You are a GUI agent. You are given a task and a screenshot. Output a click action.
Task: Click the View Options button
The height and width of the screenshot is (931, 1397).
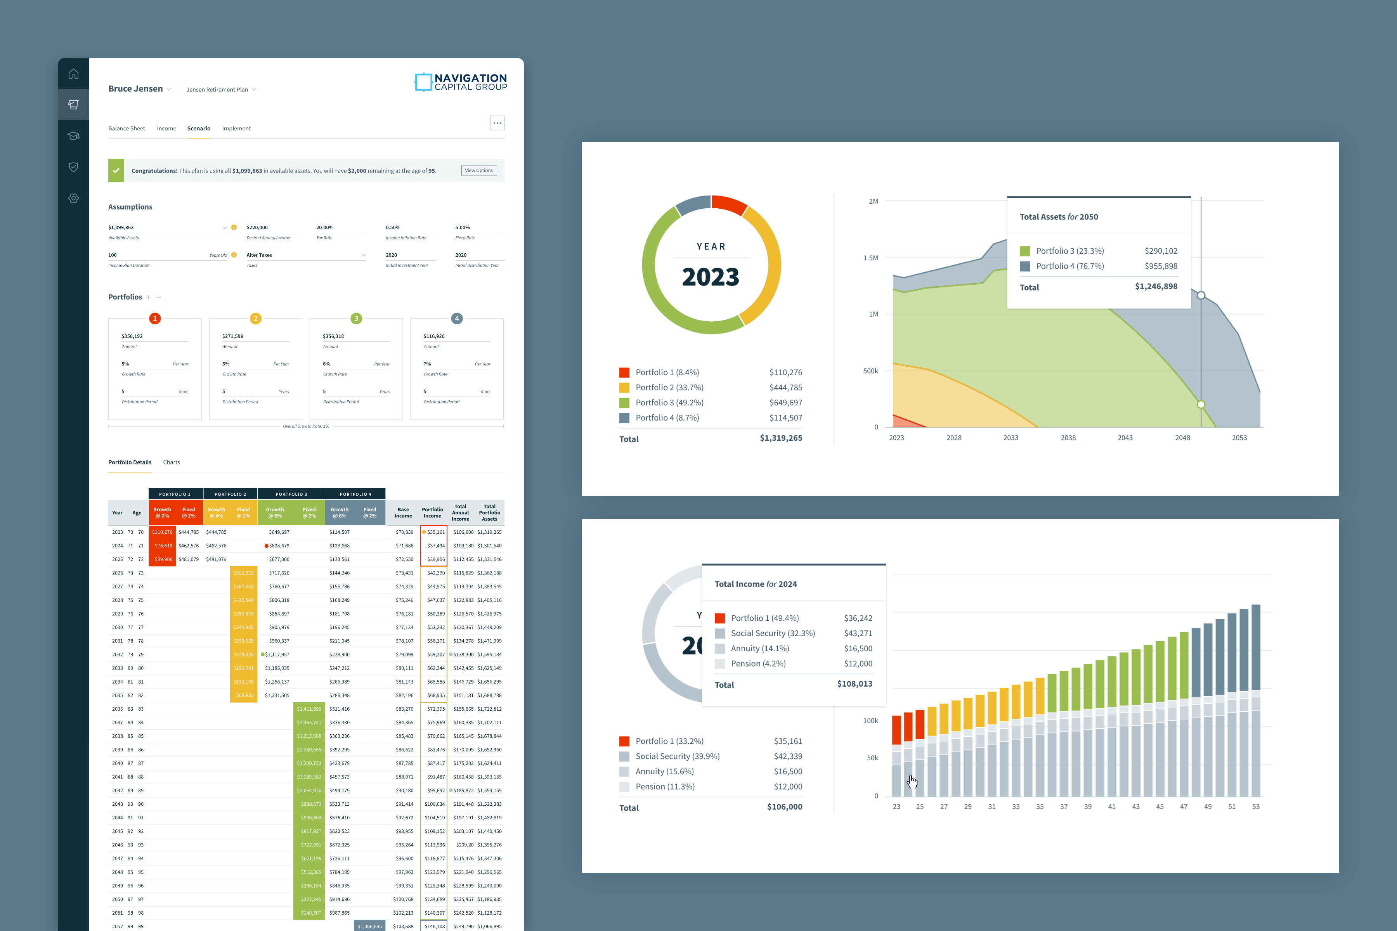(479, 170)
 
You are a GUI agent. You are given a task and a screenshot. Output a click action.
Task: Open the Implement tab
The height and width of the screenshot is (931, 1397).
(236, 128)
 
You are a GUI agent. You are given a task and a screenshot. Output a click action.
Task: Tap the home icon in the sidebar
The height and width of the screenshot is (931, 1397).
(74, 74)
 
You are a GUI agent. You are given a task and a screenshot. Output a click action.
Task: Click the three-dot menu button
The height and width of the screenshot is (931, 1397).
(497, 123)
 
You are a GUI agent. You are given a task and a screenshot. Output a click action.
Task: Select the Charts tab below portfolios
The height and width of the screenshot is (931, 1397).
(171, 462)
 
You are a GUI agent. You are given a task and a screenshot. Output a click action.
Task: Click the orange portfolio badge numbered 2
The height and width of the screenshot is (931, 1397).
(255, 318)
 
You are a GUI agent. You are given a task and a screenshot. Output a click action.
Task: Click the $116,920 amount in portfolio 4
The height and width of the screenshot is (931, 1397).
(434, 336)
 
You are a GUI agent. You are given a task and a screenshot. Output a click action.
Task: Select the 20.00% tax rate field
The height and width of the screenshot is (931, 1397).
(325, 227)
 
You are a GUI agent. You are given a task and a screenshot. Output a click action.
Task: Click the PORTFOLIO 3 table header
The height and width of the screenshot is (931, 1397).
(291, 494)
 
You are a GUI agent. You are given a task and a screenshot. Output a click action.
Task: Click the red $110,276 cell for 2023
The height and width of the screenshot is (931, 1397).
(162, 532)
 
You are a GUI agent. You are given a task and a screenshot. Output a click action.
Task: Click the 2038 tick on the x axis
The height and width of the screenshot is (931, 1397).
(1068, 438)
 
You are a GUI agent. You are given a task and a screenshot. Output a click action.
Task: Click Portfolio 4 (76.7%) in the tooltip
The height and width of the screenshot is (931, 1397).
(1070, 266)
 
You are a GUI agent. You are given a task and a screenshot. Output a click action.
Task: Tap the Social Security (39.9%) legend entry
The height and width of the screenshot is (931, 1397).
(677, 756)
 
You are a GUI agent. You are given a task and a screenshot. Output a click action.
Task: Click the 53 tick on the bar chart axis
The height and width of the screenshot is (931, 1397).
(1256, 806)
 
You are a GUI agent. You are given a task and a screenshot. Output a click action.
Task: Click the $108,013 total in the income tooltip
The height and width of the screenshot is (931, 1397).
(854, 684)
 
